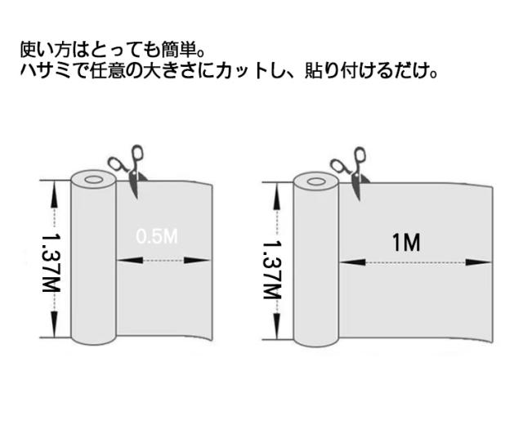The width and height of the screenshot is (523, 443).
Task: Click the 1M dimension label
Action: pos(405,243)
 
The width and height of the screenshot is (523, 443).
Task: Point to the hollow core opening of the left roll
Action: pos(92,178)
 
